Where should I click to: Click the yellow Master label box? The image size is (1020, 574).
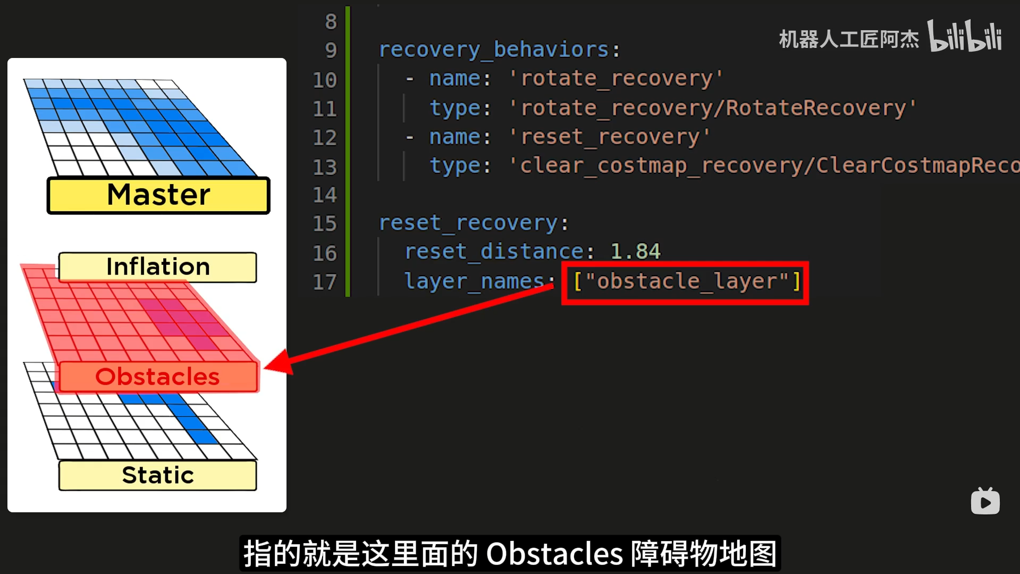158,195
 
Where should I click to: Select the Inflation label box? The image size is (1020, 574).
158,267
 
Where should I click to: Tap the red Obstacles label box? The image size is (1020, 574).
158,377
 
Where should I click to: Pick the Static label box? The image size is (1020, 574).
158,475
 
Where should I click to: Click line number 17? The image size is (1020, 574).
325,282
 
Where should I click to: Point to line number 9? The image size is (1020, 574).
331,51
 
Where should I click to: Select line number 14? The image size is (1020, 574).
325,195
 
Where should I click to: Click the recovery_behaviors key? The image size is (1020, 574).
494,50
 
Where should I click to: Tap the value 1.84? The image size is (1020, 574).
635,252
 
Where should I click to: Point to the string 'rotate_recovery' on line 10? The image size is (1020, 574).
616,79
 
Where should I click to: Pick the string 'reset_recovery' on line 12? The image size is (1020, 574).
610,137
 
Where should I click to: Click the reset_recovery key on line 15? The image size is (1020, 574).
468,223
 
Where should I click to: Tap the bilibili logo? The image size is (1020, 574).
965,36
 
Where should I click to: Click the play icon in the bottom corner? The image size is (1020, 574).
985,502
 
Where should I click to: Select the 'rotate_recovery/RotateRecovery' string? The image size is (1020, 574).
713,109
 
